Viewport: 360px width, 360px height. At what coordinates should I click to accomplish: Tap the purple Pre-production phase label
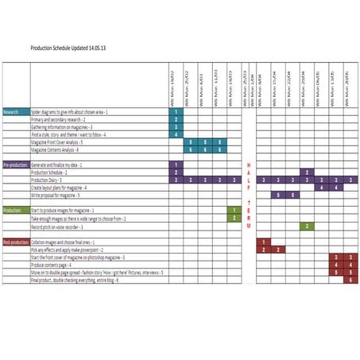(x=15, y=165)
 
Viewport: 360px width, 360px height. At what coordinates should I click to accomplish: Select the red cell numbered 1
(x=262, y=242)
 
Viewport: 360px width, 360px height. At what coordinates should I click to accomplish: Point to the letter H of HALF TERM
(x=248, y=165)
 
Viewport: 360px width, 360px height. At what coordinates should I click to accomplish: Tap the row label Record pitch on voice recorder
(x=63, y=226)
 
